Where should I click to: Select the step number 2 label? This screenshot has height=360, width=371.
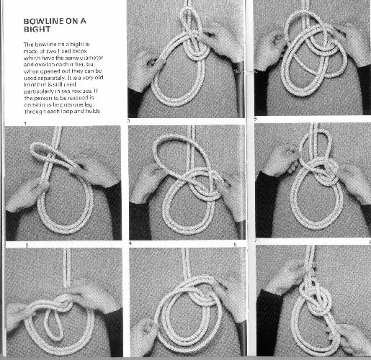tap(27, 245)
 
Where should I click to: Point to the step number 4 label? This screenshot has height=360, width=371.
tap(130, 245)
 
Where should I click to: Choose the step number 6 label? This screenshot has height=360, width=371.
tap(254, 117)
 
